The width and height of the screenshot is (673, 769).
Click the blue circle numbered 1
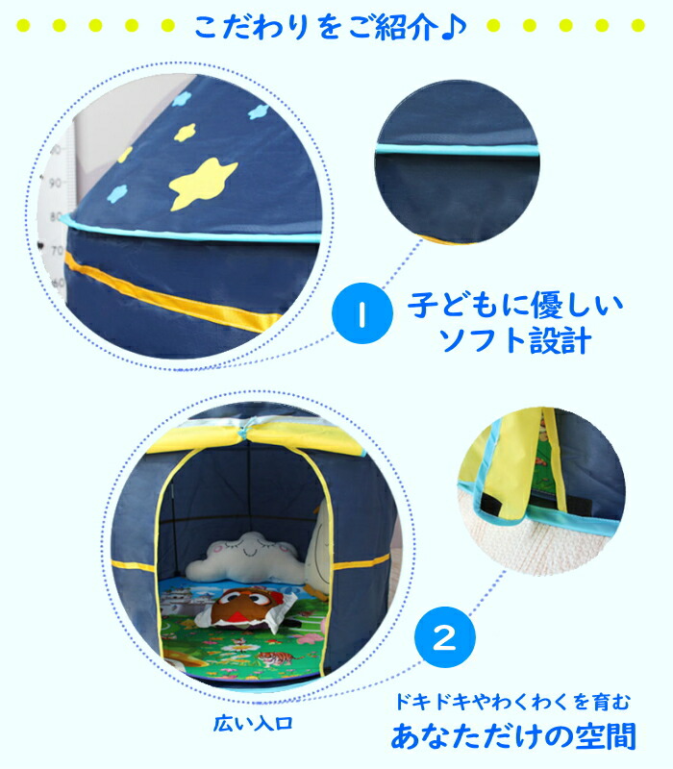click(362, 313)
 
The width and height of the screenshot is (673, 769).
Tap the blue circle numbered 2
click(445, 637)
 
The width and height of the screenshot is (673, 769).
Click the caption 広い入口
click(253, 723)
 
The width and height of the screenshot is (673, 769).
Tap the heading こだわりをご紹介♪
click(330, 27)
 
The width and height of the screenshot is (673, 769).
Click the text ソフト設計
click(515, 340)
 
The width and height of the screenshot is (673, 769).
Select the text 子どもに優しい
click(515, 305)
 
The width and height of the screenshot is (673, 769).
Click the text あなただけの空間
click(513, 735)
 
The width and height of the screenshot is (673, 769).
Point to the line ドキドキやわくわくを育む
click(512, 702)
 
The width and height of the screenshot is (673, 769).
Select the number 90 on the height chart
click(55, 183)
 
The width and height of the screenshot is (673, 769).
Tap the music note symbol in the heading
click(454, 28)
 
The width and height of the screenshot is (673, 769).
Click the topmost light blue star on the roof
click(184, 99)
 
